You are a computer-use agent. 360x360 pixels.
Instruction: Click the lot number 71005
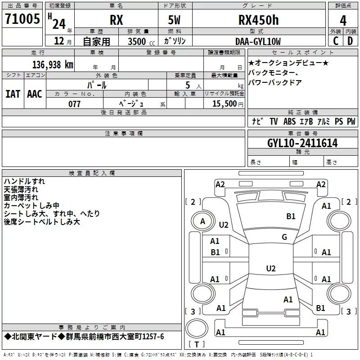pyautogui.click(x=22, y=19)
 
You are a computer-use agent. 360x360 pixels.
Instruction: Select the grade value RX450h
pyautogui.click(x=258, y=20)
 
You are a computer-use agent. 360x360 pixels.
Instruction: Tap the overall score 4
pyautogui.click(x=343, y=21)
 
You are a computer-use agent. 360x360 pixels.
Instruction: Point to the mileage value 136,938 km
pyautogui.click(x=53, y=65)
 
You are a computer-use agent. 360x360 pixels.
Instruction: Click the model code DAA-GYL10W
pyautogui.click(x=258, y=41)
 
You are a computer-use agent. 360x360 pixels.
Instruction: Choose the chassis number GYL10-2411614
pyautogui.click(x=302, y=143)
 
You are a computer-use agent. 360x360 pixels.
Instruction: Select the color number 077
pyautogui.click(x=74, y=104)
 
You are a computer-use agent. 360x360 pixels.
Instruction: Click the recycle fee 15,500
pyautogui.click(x=224, y=103)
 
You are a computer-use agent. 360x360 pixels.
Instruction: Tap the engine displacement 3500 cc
pyautogui.click(x=141, y=41)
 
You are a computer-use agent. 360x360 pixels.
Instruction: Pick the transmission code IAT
pyautogui.click(x=13, y=94)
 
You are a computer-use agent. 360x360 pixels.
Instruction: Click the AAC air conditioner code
pyautogui.click(x=35, y=94)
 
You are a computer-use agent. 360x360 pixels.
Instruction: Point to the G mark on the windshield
pyautogui.click(x=284, y=237)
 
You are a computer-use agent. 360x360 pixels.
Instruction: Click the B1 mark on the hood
pyautogui.click(x=291, y=216)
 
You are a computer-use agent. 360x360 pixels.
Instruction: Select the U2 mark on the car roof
pyautogui.click(x=271, y=268)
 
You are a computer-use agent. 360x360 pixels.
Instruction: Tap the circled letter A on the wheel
pyautogui.click(x=202, y=221)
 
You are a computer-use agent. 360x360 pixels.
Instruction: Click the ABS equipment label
pyautogui.click(x=289, y=121)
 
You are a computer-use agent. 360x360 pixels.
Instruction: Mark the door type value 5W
pyautogui.click(x=174, y=20)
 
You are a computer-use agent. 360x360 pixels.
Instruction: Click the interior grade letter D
pyautogui.click(x=350, y=41)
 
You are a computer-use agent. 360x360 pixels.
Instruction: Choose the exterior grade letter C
pyautogui.click(x=336, y=41)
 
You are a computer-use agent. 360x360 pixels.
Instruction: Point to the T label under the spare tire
pyautogui.click(x=197, y=344)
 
